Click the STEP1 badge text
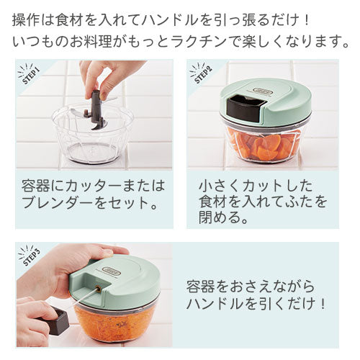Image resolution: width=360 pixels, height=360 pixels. pos(31,76)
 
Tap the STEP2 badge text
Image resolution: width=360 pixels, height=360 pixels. pos(204,75)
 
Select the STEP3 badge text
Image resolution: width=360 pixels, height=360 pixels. pos(32,257)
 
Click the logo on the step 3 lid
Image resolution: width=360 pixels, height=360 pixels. pos(109,270)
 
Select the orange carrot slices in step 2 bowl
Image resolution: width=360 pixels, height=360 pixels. pos(264,147)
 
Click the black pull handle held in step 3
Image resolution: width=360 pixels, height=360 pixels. pos(55,320)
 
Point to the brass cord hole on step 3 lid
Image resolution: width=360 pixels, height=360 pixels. pos(98,289)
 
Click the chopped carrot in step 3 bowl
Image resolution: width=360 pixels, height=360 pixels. pos(114,322)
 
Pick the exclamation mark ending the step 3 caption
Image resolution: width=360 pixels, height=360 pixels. pos(323,304)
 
